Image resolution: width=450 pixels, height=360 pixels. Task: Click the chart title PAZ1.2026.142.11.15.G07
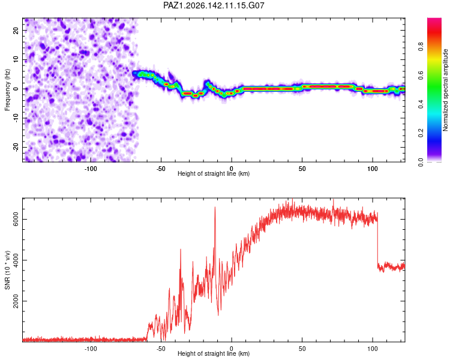click(214, 5)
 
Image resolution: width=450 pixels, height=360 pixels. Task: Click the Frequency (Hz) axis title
click(7, 89)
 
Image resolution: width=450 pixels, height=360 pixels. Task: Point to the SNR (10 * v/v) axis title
click(7, 270)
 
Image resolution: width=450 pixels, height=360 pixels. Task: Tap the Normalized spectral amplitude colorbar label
click(445, 89)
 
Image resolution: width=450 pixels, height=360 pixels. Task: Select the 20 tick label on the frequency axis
click(16, 30)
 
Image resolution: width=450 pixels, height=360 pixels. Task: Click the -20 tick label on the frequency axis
click(16, 147)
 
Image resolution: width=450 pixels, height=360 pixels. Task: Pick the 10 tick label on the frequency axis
click(16, 59)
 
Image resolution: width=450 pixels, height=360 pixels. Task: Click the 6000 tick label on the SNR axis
click(16, 219)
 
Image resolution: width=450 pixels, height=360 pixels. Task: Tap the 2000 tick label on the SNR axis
click(16, 301)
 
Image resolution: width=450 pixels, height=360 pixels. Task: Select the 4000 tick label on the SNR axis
click(16, 260)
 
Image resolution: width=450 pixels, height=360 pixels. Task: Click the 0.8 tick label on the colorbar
click(421, 47)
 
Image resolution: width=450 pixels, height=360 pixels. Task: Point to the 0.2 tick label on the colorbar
click(421, 133)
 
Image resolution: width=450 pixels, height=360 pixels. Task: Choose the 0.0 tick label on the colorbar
click(421, 162)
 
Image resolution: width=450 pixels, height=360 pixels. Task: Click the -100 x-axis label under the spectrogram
click(91, 169)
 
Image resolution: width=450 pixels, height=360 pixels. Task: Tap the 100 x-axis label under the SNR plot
click(373, 349)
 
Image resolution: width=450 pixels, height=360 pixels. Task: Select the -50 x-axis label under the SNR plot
click(161, 349)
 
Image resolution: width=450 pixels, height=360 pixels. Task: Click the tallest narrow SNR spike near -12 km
click(215, 207)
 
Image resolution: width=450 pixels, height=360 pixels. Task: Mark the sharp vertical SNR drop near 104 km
click(377, 238)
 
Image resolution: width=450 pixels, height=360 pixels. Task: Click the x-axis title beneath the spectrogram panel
click(214, 173)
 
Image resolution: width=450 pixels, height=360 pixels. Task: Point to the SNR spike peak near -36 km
click(181, 250)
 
